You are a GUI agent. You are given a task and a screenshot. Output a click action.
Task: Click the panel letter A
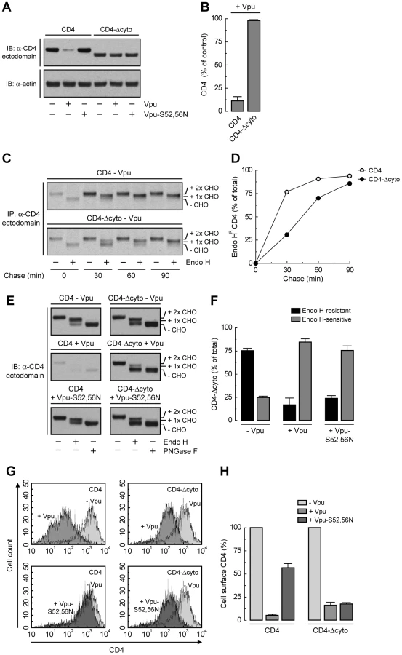[x=7, y=7]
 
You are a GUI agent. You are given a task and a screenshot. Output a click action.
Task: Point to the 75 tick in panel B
[x=217, y=41]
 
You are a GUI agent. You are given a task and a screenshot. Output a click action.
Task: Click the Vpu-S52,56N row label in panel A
[x=166, y=114]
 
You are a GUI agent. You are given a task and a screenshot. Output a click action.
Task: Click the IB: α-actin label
[x=21, y=84]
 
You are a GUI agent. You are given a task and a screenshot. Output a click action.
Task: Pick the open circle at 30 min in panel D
[x=287, y=192]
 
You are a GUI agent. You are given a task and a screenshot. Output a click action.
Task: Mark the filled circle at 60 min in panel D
[x=318, y=198]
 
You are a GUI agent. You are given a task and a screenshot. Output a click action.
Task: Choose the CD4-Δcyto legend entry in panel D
[x=379, y=179]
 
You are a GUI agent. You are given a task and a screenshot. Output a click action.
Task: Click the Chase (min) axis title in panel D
[x=302, y=278]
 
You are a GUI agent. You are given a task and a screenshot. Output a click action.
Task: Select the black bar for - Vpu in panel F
[x=249, y=385]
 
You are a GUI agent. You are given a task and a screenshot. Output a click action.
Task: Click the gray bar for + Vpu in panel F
[x=305, y=381]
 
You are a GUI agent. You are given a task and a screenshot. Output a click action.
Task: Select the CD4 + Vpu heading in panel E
[x=76, y=344]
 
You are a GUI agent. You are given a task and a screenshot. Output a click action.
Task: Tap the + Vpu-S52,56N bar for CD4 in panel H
[x=288, y=594]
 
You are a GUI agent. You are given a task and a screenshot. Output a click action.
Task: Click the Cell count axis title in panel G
[x=9, y=555]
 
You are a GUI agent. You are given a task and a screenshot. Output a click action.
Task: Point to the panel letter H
[x=225, y=471]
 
